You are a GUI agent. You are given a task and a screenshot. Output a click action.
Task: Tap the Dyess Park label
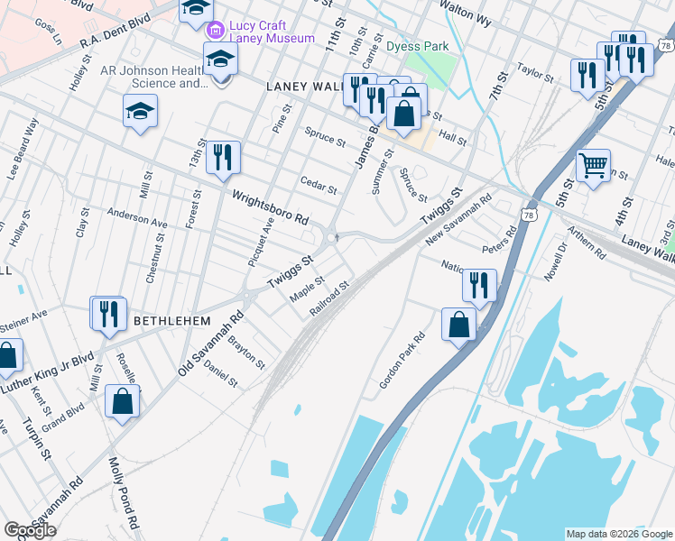(417, 44)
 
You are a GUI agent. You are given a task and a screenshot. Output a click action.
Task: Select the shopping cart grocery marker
(593, 165)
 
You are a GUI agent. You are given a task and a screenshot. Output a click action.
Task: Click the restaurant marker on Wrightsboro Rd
(222, 157)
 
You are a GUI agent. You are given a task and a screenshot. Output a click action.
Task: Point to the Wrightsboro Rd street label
(271, 207)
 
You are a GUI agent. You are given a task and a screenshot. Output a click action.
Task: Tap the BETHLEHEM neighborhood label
(172, 321)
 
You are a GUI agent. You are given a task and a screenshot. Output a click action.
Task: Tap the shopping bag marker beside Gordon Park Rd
(458, 325)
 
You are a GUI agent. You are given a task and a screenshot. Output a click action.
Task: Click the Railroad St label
(329, 298)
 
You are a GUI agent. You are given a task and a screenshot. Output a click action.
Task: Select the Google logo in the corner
(30, 530)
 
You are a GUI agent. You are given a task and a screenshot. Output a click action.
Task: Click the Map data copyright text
(618, 534)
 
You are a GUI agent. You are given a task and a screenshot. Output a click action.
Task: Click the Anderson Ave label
(137, 218)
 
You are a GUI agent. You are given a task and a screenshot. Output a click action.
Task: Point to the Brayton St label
(246, 353)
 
